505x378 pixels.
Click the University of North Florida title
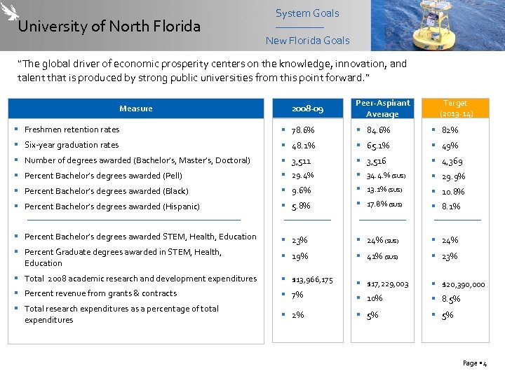(109, 27)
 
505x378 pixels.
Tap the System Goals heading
(307, 13)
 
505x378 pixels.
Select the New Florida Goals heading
(307, 41)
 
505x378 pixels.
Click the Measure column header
(135, 108)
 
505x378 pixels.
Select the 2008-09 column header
(307, 109)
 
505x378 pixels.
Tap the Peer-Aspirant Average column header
(382, 108)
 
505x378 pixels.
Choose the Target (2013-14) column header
(456, 108)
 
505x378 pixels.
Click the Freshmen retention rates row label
(72, 129)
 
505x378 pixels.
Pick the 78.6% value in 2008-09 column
(303, 130)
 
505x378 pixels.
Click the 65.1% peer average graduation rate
(378, 146)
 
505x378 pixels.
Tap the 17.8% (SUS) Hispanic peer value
(384, 204)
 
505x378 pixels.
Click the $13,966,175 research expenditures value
(313, 280)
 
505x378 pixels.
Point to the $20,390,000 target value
(463, 284)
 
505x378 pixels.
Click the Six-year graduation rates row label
(71, 145)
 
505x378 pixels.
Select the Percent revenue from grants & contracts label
(100, 293)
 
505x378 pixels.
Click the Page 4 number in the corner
(475, 363)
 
